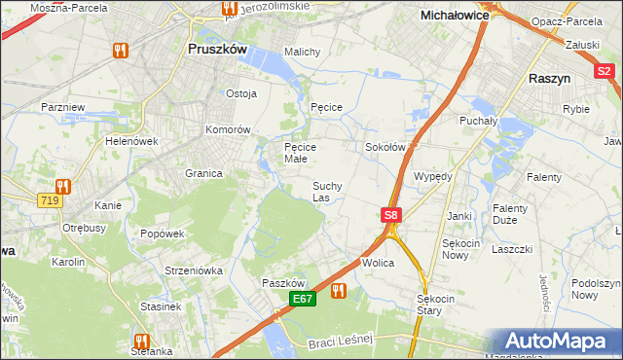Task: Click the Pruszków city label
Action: click(x=218, y=47)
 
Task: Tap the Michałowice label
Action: click(x=454, y=16)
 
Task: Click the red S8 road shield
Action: click(x=390, y=215)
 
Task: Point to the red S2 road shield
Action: click(x=605, y=70)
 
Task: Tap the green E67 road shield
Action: click(x=303, y=300)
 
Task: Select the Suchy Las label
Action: click(x=326, y=192)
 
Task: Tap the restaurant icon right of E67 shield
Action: click(x=338, y=290)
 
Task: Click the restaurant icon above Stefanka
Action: click(x=140, y=341)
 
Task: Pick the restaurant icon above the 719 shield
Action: click(x=63, y=185)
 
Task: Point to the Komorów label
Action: click(x=229, y=129)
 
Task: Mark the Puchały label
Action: click(x=478, y=122)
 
